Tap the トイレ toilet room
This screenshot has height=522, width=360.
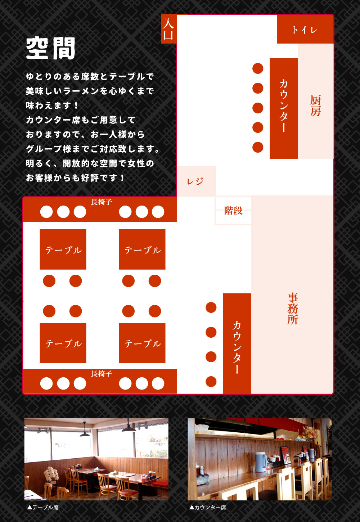[305, 29]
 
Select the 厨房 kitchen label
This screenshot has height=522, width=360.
[315, 105]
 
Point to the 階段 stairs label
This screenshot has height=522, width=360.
[233, 211]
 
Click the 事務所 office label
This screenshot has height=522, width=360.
[293, 309]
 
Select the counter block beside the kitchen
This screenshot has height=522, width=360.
[284, 108]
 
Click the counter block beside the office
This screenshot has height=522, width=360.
[237, 343]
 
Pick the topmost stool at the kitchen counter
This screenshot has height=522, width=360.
[258, 68]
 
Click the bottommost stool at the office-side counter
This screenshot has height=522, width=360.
[211, 382]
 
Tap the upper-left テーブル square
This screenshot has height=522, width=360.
[63, 249]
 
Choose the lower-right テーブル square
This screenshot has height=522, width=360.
[142, 343]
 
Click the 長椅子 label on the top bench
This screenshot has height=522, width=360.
[102, 202]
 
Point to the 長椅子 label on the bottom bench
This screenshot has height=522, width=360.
[102, 374]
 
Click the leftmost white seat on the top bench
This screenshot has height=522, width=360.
[46, 212]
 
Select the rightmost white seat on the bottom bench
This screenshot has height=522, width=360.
[158, 383]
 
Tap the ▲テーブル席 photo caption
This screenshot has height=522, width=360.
[43, 507]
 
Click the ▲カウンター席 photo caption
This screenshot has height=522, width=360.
[208, 507]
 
